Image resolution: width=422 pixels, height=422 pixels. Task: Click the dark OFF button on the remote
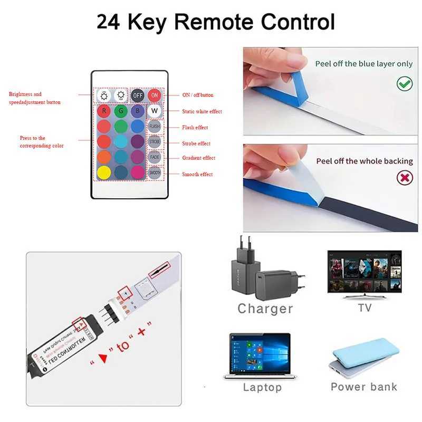point(138,95)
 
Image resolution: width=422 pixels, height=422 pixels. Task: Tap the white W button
point(154,111)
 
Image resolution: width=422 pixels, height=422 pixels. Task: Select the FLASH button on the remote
point(154,127)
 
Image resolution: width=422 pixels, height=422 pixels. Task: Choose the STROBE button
point(154,142)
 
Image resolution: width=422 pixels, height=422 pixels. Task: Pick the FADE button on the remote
point(154,157)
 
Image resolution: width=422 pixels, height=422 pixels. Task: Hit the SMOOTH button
point(154,172)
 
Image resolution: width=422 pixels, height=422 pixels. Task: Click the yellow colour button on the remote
point(104,172)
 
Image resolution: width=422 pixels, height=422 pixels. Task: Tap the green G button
point(121,111)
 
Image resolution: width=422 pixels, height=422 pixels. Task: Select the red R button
point(104,111)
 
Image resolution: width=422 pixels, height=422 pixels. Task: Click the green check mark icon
point(405,83)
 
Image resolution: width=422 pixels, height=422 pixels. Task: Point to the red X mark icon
point(405,177)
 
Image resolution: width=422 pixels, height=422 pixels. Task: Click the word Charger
point(265,309)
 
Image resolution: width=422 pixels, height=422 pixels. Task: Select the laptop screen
point(260,354)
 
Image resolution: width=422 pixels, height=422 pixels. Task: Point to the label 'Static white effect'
point(202,112)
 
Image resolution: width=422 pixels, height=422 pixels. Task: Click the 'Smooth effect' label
point(197,174)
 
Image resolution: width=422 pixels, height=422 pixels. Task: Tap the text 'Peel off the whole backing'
point(365,161)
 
